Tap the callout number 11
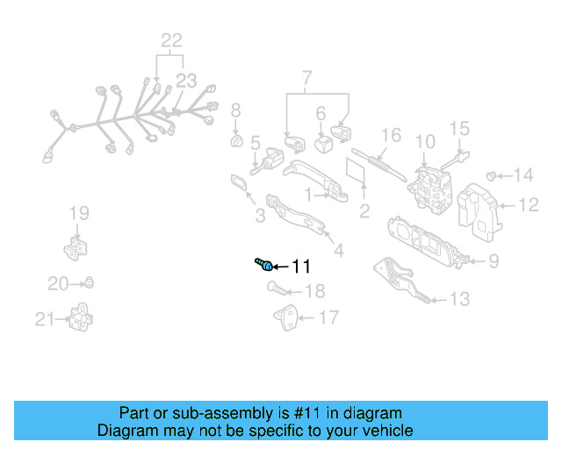[x=301, y=266]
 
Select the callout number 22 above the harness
[x=171, y=39]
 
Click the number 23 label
[x=185, y=80]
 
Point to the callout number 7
[x=306, y=81]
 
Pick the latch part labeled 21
[x=81, y=317]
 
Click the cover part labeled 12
[x=481, y=212]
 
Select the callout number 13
[x=459, y=299]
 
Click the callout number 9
[x=493, y=260]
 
